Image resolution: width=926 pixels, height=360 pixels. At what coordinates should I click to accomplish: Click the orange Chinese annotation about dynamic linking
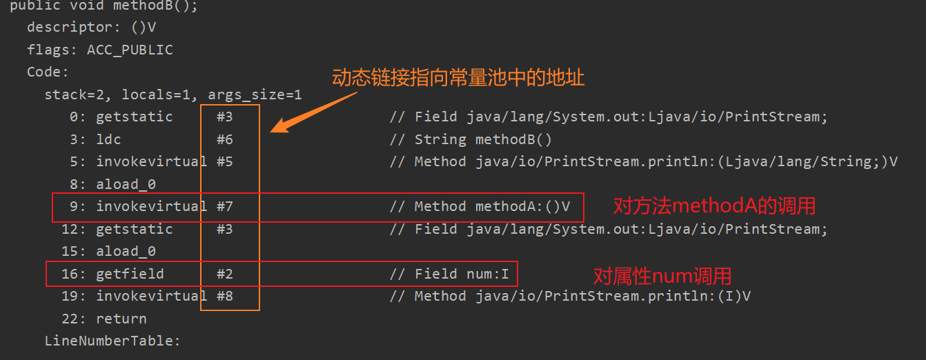click(458, 77)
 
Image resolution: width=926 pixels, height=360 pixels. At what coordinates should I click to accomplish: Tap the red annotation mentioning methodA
click(714, 206)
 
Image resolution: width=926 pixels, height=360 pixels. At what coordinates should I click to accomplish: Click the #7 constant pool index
click(225, 207)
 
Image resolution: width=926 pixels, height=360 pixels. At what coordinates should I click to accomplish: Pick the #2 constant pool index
click(225, 274)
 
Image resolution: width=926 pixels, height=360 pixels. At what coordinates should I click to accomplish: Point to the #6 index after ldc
click(225, 139)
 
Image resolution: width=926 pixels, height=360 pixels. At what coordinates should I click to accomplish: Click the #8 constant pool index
click(225, 297)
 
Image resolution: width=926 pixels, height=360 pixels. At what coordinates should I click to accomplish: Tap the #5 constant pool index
click(225, 162)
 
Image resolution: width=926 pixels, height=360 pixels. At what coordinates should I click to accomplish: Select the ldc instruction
click(108, 139)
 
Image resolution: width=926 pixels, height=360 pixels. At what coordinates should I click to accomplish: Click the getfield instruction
click(130, 274)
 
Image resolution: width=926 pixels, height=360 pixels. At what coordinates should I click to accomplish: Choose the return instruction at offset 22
click(121, 319)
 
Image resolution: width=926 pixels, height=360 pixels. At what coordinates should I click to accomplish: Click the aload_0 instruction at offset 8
click(126, 184)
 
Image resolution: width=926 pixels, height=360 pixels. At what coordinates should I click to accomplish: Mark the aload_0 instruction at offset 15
click(126, 252)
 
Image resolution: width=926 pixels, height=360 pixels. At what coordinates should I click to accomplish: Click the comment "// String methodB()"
click(471, 139)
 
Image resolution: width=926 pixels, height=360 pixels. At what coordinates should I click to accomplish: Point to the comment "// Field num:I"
click(449, 274)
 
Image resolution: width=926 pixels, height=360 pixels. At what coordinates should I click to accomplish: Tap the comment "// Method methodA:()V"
click(480, 207)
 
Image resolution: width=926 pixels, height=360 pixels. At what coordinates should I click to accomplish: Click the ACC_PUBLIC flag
click(130, 50)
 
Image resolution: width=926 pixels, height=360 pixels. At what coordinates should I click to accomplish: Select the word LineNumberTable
click(112, 341)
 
